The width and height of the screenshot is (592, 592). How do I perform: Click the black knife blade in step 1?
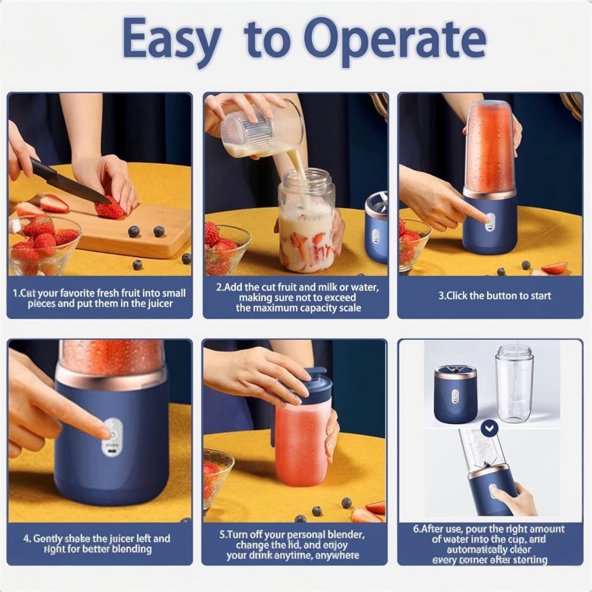tap(70, 183)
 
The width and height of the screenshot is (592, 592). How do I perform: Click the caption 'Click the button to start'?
tap(494, 296)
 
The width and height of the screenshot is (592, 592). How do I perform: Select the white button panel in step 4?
tap(112, 438)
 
